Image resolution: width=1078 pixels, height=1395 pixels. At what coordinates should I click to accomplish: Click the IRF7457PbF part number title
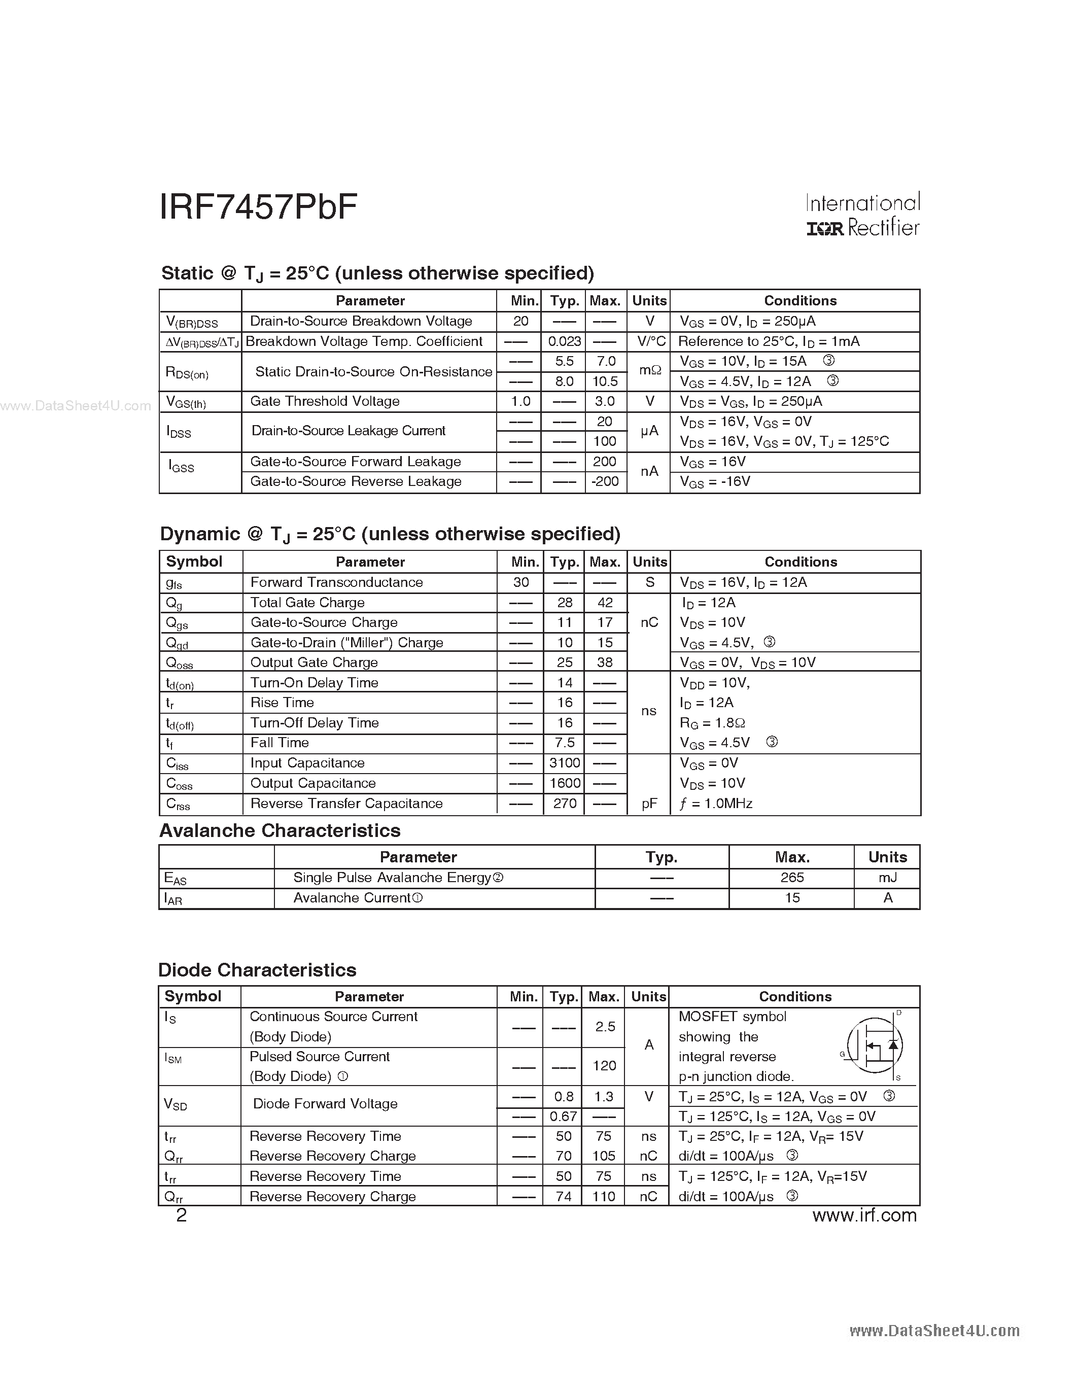(258, 207)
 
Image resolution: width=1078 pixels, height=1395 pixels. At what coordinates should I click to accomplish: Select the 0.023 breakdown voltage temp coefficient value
(565, 342)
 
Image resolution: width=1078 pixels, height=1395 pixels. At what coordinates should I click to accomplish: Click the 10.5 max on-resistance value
(605, 381)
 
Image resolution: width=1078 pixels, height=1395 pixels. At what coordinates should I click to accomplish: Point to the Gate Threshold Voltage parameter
(325, 401)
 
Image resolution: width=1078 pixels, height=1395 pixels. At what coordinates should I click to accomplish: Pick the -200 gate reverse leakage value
(605, 481)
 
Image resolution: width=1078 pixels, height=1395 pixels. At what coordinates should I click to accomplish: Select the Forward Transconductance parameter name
(336, 582)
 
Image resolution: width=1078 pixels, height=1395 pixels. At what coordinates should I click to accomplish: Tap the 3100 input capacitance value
(565, 763)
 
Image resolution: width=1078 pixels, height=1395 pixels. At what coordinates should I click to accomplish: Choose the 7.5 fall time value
(565, 743)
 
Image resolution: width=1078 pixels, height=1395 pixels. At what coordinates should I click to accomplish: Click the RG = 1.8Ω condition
(712, 723)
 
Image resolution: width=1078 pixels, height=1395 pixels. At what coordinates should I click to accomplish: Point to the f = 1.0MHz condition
(716, 804)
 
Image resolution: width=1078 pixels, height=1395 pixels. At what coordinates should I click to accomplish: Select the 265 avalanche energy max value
(792, 878)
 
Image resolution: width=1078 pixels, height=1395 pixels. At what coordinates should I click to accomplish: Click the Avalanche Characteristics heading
(280, 830)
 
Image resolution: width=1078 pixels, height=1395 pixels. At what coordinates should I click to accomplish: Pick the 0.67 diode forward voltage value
(563, 1117)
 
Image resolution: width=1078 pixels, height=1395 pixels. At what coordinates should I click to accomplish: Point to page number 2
(182, 1215)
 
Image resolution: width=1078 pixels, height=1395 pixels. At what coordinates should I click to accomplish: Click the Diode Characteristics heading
(257, 970)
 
